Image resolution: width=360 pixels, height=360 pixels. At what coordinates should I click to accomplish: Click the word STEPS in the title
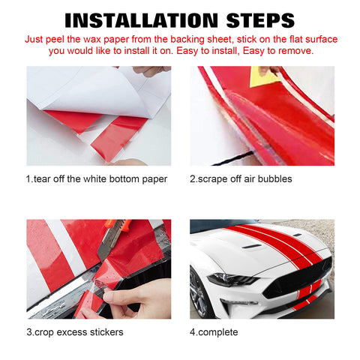point(253,19)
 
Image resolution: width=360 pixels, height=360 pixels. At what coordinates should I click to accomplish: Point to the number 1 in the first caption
point(28,178)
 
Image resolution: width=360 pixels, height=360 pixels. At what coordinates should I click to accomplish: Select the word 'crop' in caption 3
point(48,331)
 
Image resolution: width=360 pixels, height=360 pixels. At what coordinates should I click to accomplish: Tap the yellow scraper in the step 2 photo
point(263,76)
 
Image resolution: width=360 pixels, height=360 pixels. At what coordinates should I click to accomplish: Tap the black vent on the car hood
point(253,246)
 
